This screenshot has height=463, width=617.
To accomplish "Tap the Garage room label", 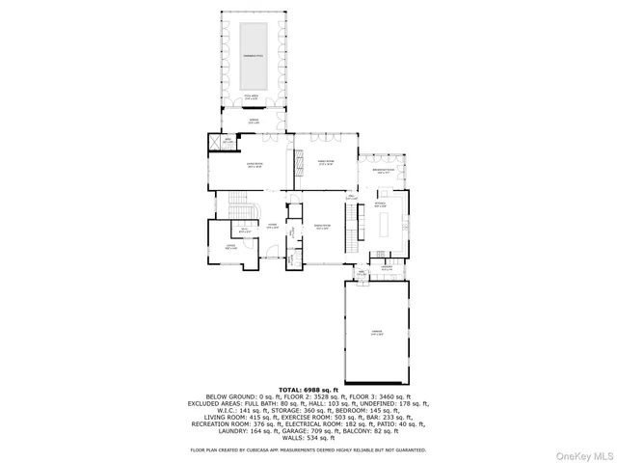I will [377, 332].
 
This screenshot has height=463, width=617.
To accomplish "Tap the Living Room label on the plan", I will [255, 166].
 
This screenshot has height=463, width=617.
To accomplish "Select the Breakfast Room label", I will [383, 171].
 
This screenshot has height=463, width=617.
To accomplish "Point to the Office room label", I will [230, 248].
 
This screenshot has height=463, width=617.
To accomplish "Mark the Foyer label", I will [273, 226].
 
